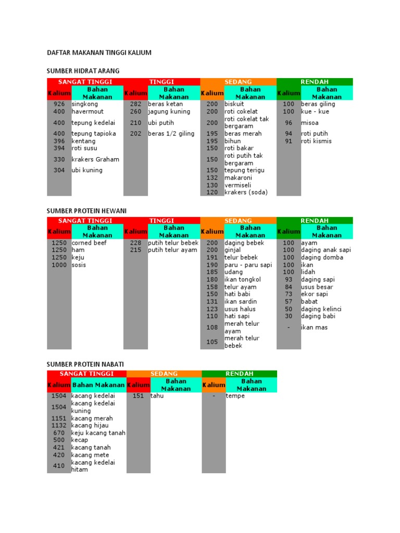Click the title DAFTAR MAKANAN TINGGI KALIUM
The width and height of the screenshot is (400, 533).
(99, 53)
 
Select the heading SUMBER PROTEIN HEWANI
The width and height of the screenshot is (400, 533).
(86, 210)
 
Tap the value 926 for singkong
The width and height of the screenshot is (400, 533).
(59, 104)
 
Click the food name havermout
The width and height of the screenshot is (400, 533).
(87, 111)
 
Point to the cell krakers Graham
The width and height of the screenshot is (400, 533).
(95, 159)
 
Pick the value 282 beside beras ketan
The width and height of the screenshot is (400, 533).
(135, 104)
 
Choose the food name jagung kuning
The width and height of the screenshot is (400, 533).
(169, 111)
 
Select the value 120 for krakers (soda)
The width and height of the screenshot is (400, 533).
(212, 192)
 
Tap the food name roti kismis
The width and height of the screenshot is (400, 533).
(316, 141)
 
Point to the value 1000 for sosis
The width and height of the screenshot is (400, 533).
(59, 265)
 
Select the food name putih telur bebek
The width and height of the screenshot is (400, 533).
(173, 243)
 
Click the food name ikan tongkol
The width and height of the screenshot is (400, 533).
(243, 280)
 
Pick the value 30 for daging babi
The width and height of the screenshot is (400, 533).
(289, 316)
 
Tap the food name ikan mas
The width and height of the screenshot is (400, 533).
(314, 327)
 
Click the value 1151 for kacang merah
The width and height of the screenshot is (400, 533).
(59, 418)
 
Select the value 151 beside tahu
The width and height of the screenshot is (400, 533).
(138, 396)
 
